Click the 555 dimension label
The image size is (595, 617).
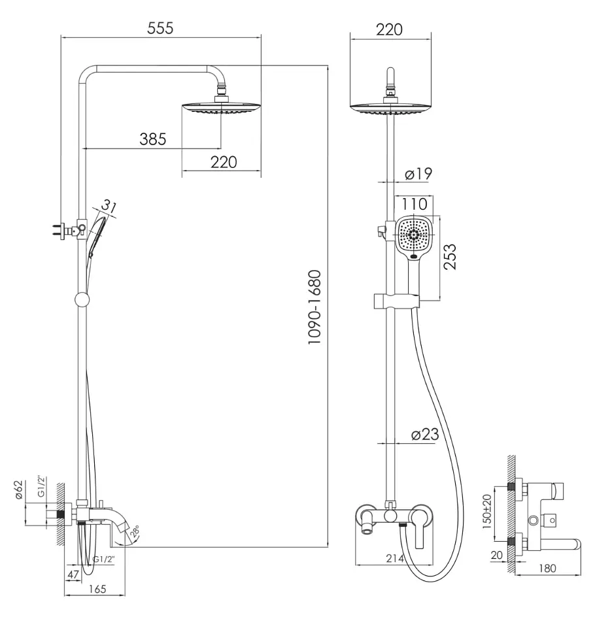[x=160, y=28]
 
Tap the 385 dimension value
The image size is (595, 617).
[x=153, y=139]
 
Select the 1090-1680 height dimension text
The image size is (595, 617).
[x=314, y=307]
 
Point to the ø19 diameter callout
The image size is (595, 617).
[x=418, y=174]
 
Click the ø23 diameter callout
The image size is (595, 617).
[x=425, y=435]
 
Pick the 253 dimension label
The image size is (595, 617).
[x=450, y=257]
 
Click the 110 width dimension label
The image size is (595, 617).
[x=414, y=204]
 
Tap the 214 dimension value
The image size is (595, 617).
[x=395, y=558]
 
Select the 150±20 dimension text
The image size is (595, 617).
[x=486, y=512]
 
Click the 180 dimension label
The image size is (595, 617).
[x=547, y=568]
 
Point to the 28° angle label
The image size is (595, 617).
[x=135, y=531]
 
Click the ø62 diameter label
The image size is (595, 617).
[x=19, y=490]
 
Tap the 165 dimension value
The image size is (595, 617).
[x=97, y=589]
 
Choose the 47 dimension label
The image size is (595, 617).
[x=73, y=575]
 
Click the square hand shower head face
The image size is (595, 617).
[x=414, y=236]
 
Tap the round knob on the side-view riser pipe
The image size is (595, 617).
[x=82, y=300]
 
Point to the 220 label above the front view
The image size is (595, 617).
[x=389, y=30]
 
